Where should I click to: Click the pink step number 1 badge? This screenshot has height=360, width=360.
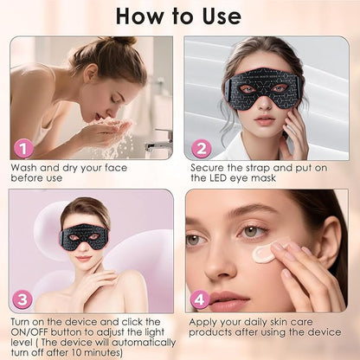tap(24, 148)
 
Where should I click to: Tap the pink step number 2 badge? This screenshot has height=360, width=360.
tap(201, 148)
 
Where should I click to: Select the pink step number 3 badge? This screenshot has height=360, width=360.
tap(22, 299)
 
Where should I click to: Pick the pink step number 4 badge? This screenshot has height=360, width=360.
tap(200, 299)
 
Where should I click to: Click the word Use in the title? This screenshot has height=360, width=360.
tap(222, 16)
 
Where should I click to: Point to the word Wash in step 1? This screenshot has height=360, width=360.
tap(24, 168)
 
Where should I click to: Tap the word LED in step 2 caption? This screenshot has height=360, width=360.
tap(217, 178)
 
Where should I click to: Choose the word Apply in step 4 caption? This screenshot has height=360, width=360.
tap(202, 323)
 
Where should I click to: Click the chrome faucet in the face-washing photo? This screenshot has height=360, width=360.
tap(158, 142)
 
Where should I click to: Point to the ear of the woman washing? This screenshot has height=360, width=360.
tap(92, 74)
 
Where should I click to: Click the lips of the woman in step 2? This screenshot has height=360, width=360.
tap(263, 119)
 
